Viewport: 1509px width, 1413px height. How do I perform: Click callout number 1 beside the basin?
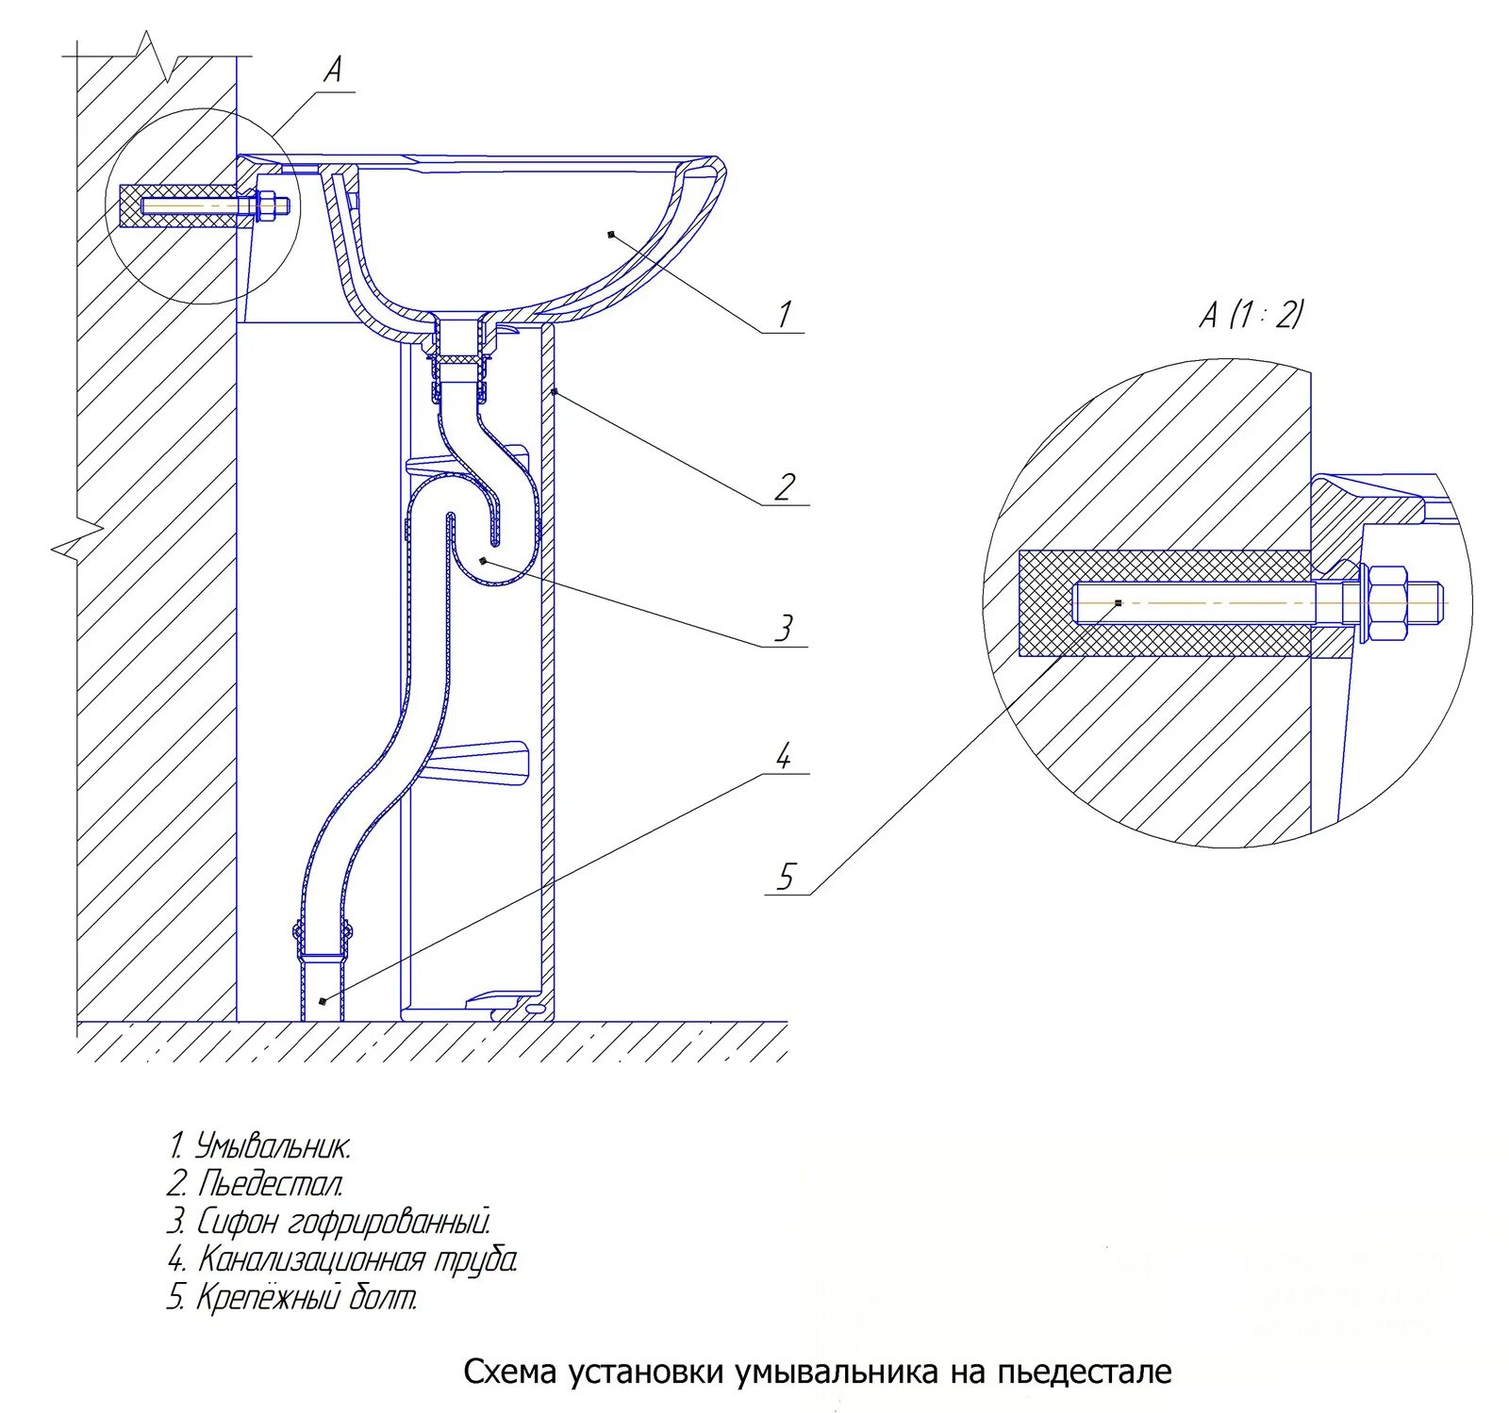pyautogui.click(x=784, y=314)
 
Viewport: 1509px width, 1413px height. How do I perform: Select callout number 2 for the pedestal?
pyautogui.click(x=785, y=487)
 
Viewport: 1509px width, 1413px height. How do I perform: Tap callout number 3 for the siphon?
pyautogui.click(x=784, y=628)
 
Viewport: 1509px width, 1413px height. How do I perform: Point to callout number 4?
pyautogui.click(x=783, y=755)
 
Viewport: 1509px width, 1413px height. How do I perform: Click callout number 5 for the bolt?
pyautogui.click(x=786, y=878)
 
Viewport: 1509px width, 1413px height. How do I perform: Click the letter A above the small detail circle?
pyautogui.click(x=332, y=70)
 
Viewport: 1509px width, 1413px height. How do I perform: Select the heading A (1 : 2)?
pyautogui.click(x=1251, y=314)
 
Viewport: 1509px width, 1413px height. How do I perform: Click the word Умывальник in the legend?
pyautogui.click(x=273, y=1147)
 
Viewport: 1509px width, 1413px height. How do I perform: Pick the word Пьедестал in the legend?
pyautogui.click(x=270, y=1184)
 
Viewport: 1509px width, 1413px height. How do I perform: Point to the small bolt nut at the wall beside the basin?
pyautogui.click(x=267, y=206)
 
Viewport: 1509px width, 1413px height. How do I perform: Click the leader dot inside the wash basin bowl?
pyautogui.click(x=611, y=233)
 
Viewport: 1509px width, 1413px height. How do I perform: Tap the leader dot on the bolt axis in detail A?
pyautogui.click(x=1118, y=602)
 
